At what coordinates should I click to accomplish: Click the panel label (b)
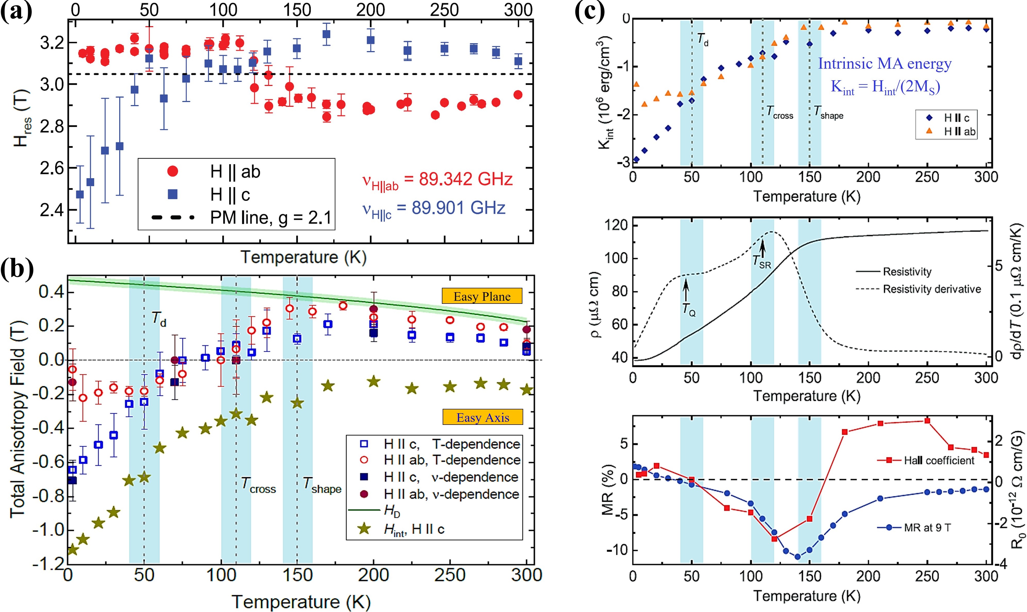tap(17, 270)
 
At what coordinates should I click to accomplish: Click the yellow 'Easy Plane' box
tap(482, 296)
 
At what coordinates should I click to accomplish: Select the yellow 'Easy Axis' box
tap(482, 417)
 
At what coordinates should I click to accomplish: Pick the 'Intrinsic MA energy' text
tap(884, 63)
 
